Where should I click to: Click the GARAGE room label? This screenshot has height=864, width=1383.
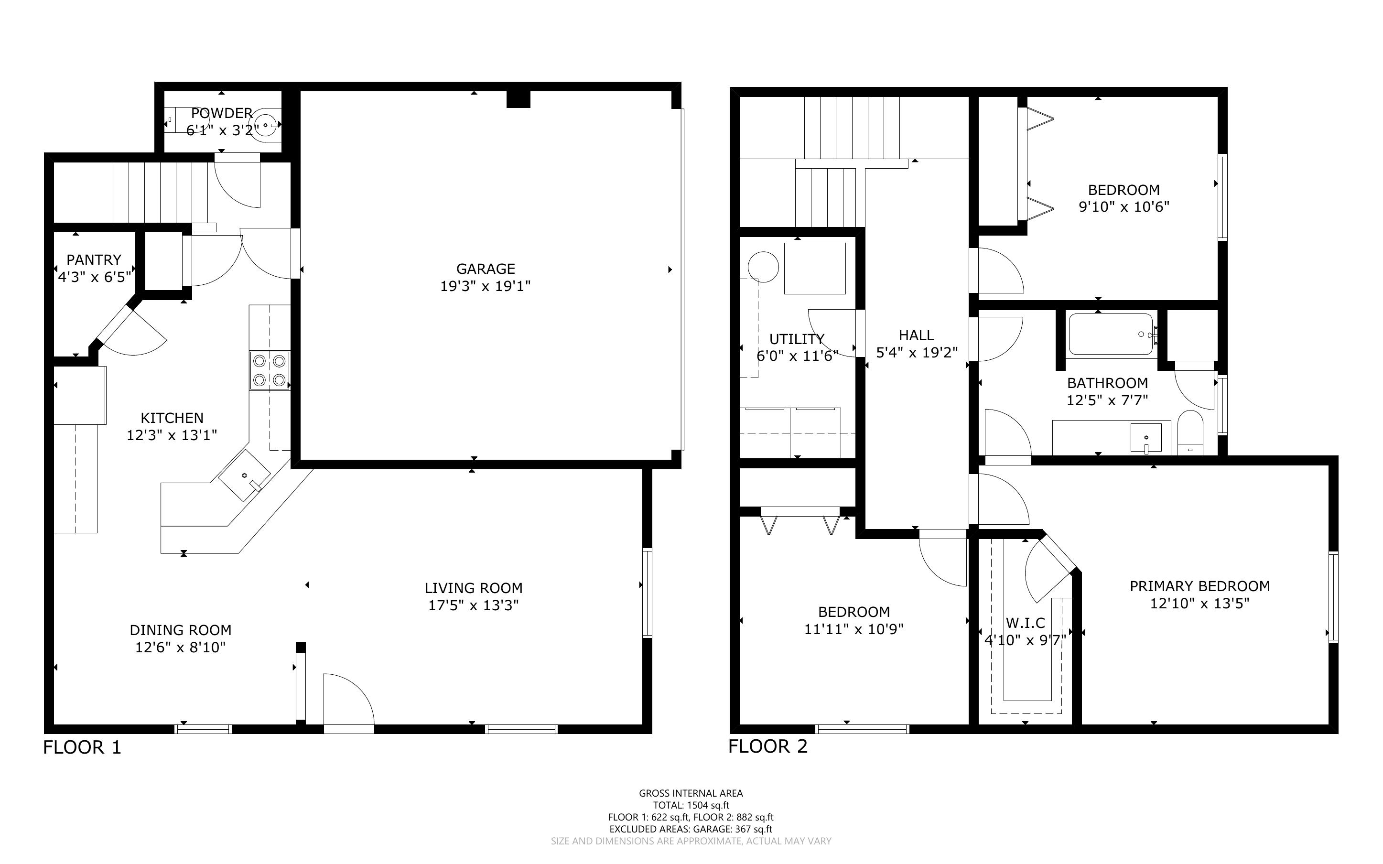coord(486,269)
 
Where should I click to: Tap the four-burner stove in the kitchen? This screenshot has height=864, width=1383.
coord(270,370)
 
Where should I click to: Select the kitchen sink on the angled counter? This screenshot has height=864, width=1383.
coord(245,475)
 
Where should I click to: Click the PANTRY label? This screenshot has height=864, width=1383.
coord(94,260)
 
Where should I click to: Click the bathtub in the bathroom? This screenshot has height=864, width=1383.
coord(1111,335)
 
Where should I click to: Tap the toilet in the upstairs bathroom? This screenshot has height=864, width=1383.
coord(1190,433)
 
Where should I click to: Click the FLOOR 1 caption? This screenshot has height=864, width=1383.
coord(82,747)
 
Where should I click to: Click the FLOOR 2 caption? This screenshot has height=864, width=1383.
coord(768,746)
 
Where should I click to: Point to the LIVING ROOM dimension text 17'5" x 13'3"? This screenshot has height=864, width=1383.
coord(474,605)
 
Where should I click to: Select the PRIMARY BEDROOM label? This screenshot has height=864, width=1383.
coord(1199,586)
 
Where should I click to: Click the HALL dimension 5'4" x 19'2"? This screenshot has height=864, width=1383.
coord(917,353)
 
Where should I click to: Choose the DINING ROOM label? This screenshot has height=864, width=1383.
coord(181,630)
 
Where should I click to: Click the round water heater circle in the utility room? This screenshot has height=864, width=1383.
coord(763,267)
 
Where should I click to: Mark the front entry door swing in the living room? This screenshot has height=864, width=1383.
coord(349,701)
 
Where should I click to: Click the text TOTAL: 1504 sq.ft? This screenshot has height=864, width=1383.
coord(691,805)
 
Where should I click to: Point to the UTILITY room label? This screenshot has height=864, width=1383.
coord(797,339)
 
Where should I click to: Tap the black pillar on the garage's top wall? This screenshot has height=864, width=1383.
coord(518,99)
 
